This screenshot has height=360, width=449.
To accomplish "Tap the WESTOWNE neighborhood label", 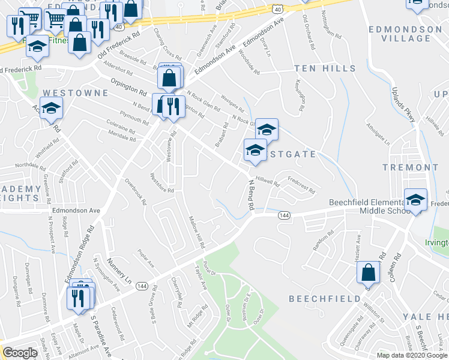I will click(x=75, y=93).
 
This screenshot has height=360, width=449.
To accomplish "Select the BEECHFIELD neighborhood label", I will click(x=324, y=298).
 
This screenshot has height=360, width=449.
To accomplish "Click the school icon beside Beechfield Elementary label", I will click(x=415, y=200).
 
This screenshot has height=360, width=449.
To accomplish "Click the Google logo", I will click(x=20, y=353).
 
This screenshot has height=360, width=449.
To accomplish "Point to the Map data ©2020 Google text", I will click(x=411, y=355).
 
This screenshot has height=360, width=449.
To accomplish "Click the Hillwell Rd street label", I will click(x=267, y=180).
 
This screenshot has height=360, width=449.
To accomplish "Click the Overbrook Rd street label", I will click(x=136, y=191).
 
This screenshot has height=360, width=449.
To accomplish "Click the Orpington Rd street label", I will click(x=128, y=87).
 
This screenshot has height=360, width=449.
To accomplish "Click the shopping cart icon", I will click(x=55, y=20).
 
